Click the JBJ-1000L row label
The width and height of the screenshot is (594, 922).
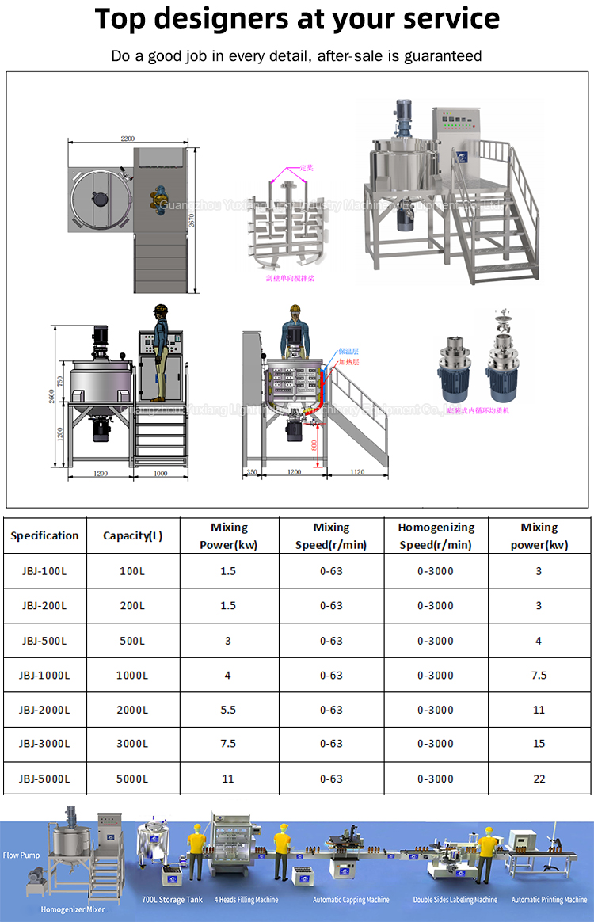[44, 676]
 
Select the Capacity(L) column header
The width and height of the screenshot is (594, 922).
[132, 535]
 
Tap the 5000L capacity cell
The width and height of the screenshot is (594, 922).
[132, 779]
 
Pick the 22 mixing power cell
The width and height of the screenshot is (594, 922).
[539, 779]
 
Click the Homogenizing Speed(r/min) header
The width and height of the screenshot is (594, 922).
[436, 535]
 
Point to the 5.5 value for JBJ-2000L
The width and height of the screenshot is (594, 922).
[228, 710]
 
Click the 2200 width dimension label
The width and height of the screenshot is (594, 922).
[128, 139]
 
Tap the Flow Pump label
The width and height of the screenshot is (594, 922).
[21, 855]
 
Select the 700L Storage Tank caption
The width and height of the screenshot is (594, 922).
[172, 900]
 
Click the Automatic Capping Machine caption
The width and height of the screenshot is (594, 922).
[351, 900]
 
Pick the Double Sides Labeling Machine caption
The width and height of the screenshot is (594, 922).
[455, 900]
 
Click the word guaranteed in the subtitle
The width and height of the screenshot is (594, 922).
[443, 55]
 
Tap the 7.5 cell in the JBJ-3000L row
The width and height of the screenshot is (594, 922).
[228, 744]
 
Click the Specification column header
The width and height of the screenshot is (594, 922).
[44, 535]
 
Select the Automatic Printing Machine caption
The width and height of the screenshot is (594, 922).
[549, 900]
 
